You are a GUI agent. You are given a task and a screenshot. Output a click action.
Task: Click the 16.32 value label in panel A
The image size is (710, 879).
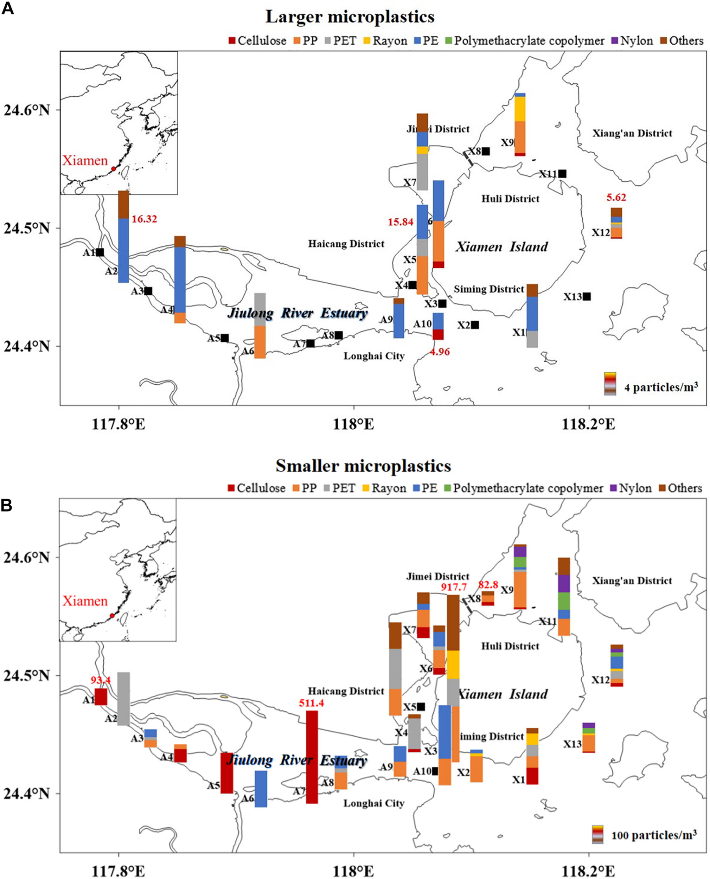(144, 219)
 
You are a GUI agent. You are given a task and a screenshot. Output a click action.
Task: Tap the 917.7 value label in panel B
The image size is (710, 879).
(454, 588)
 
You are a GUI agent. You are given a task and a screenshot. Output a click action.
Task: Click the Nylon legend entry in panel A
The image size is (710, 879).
(633, 41)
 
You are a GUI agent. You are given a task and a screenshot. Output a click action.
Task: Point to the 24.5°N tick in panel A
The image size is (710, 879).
(27, 228)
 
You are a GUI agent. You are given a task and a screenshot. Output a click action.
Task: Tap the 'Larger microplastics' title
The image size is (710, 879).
(350, 17)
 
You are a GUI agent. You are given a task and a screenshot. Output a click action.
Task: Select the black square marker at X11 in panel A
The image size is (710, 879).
(562, 174)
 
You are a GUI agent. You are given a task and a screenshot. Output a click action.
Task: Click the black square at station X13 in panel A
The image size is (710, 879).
(587, 296)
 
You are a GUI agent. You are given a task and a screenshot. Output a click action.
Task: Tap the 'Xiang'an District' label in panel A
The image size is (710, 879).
(632, 133)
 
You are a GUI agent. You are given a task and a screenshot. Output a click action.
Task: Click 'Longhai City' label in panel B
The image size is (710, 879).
(374, 803)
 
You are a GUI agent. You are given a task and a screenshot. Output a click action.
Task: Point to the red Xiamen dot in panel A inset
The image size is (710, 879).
(114, 168)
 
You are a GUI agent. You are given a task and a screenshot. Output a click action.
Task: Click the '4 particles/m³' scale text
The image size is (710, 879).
(661, 387)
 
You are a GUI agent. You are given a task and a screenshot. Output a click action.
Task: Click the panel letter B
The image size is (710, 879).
(7, 506)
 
